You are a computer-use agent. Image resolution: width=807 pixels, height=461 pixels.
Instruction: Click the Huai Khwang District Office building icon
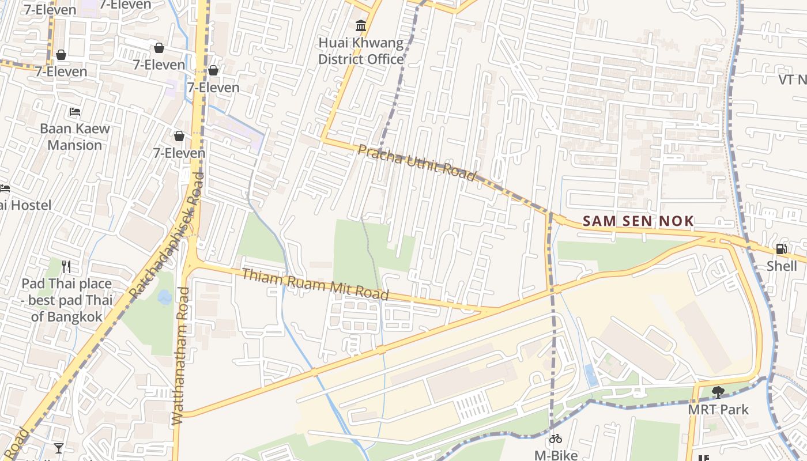(361, 25)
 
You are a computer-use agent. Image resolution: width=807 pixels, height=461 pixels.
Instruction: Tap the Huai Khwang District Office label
(361, 51)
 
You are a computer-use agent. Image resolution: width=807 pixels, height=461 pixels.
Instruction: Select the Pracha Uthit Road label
(417, 163)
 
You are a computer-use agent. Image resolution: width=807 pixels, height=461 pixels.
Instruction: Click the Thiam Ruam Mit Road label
(315, 284)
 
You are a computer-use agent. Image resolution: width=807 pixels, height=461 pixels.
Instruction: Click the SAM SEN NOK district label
(638, 221)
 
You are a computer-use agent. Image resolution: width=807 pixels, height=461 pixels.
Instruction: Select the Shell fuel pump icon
(781, 249)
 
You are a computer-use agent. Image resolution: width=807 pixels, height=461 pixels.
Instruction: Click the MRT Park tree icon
(718, 392)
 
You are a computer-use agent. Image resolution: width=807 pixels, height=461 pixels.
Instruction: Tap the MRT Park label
(718, 410)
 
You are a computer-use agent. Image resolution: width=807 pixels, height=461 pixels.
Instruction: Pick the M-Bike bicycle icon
(555, 439)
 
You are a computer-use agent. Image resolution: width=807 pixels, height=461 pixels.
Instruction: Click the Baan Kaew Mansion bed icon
(74, 111)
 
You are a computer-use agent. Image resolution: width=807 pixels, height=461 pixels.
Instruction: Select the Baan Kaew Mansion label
(74, 137)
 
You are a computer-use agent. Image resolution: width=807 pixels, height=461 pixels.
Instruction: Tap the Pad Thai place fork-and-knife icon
(66, 266)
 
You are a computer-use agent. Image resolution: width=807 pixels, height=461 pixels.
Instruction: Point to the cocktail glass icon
(58, 448)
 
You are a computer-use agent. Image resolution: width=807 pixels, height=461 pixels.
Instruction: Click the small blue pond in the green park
(164, 297)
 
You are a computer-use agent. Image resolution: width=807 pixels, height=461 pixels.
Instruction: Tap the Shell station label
(781, 266)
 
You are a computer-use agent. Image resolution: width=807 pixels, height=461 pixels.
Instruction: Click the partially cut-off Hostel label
(26, 205)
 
